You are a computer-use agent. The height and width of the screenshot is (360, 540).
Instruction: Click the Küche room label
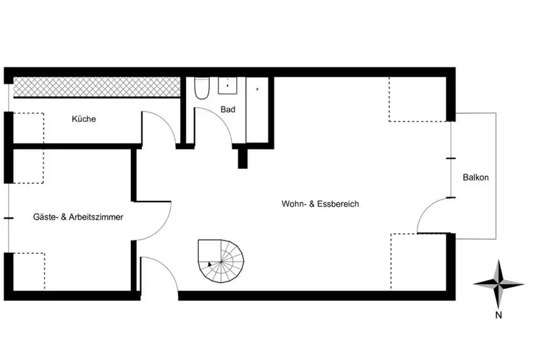[84, 119]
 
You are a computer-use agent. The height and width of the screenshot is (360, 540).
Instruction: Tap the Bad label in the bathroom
[228, 109]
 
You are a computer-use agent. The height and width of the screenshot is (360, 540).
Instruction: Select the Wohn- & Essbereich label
[320, 204]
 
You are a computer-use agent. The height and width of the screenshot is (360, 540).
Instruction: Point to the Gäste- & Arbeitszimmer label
[78, 217]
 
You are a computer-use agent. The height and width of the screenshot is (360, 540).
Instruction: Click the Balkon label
[476, 177]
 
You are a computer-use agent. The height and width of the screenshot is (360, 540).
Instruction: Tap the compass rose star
[498, 284]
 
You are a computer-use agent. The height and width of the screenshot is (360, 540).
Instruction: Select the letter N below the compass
[498, 315]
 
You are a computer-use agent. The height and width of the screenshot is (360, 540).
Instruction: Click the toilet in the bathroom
[202, 88]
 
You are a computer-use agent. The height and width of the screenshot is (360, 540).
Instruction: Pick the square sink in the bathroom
[227, 85]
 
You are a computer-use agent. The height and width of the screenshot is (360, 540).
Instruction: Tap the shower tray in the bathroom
[257, 110]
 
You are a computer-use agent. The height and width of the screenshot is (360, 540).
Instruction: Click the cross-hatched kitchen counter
[97, 86]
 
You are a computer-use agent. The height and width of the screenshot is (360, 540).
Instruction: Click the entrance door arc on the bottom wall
[167, 267]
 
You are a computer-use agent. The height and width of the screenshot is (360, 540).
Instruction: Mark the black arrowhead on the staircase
[209, 264]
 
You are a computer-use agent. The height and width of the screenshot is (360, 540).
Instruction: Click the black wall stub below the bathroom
[243, 158]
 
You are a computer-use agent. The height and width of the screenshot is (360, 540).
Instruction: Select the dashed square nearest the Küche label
[29, 128]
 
